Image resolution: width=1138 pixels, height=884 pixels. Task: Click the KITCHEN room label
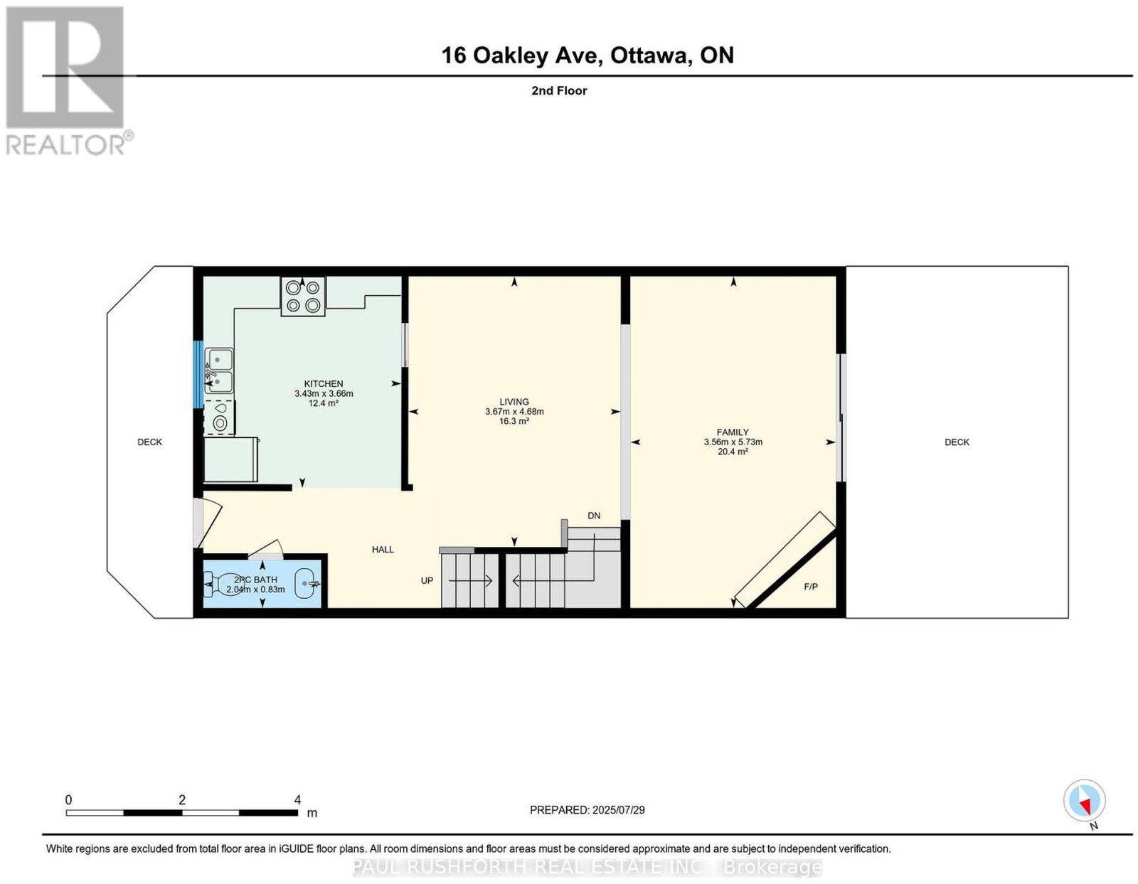coord(324,383)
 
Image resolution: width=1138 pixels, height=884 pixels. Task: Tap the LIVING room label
coord(514,401)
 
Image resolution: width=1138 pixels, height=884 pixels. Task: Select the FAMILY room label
coord(733,432)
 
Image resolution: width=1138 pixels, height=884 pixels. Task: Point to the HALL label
coord(383,549)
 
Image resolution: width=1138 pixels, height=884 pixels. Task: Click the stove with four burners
coord(303,297)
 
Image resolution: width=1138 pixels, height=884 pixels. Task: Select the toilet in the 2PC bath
coord(222,584)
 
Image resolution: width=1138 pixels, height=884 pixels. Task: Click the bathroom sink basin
coord(307,583)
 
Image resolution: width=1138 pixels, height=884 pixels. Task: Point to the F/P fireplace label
coord(811,587)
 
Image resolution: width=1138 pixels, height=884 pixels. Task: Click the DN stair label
coord(594,516)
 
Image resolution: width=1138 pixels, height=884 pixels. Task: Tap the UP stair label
coord(427,580)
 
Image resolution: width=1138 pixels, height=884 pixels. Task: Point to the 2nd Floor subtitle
coord(559,90)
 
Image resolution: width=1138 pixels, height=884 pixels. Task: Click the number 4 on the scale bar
coord(297,800)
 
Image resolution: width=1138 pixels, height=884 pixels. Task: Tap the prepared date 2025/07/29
coord(619,809)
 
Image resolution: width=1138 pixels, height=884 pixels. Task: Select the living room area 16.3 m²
coord(514,421)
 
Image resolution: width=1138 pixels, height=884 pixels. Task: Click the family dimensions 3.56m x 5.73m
coord(733,442)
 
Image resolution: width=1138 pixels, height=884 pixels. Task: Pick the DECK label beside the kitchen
coord(150,442)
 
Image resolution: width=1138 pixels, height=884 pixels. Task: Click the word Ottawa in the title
coord(649,55)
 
